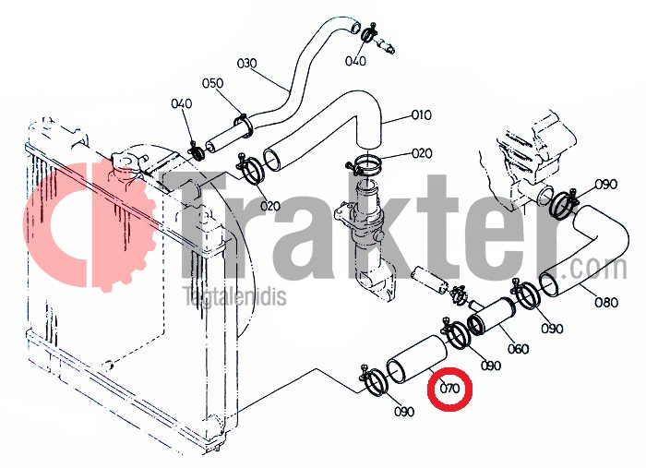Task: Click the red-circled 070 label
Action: (449, 388)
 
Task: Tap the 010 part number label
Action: (421, 115)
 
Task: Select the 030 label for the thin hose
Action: (246, 64)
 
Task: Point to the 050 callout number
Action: (212, 83)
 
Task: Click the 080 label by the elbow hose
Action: (606, 303)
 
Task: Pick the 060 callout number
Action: (518, 349)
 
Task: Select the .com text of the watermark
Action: (598, 269)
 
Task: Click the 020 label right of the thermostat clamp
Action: (422, 153)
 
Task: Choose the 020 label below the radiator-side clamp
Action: (269, 206)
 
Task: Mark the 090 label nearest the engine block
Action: (606, 184)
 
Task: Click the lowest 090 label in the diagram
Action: (404, 411)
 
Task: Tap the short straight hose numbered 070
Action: (417, 358)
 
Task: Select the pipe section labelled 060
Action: (493, 317)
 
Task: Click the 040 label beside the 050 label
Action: (181, 103)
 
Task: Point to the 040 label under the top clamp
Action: (355, 61)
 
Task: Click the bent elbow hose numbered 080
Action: (584, 252)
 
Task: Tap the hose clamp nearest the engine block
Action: (563, 203)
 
